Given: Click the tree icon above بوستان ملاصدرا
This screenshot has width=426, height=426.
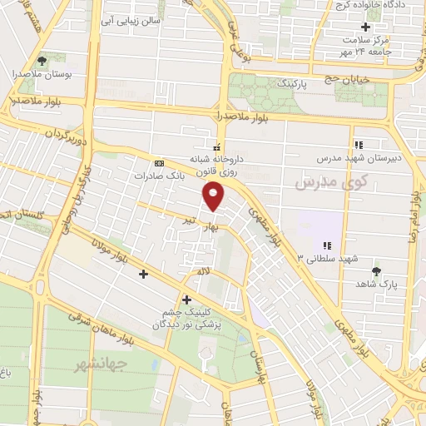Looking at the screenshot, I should coord(42,61).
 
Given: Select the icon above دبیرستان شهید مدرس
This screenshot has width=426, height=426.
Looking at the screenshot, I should coord(358,144).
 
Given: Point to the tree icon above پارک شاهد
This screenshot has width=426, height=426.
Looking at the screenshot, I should coord(377,271).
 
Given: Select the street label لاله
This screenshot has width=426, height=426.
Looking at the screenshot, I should coord(203,271).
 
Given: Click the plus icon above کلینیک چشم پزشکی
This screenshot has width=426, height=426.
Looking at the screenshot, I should coord(186,300).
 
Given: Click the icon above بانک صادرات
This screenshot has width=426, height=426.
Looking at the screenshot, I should coord(159,162).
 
